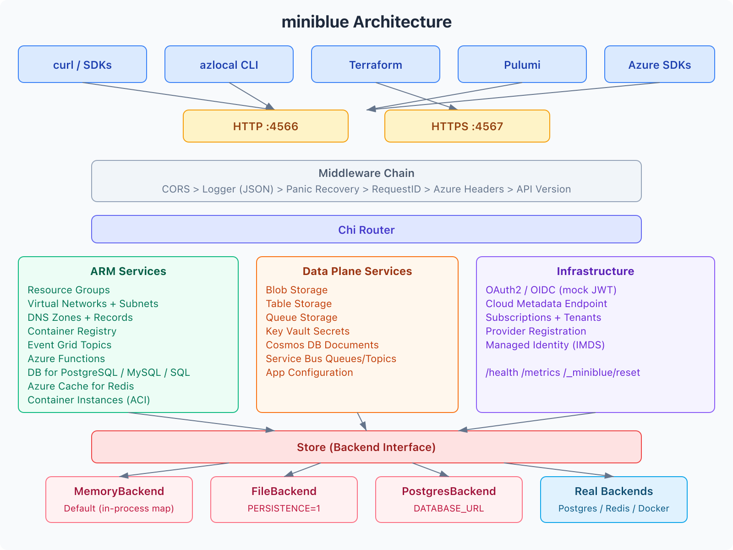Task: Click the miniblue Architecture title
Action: pos(366,22)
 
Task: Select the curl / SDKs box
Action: pos(82,65)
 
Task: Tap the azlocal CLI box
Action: pos(229,65)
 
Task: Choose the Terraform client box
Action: pos(376,65)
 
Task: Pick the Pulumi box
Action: pos(522,65)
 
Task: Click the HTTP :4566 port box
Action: pos(266,126)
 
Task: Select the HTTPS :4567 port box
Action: pos(467,126)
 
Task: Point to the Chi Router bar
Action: pos(366,230)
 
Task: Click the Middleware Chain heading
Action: pos(366,173)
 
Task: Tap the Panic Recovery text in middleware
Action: pos(323,189)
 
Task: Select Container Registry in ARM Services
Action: pos(72,331)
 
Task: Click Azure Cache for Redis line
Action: pos(81,386)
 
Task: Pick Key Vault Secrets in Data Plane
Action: pos(307,331)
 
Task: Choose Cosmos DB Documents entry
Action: pos(322,345)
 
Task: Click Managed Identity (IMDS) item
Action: pos(545,345)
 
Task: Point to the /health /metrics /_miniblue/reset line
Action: pos(563,373)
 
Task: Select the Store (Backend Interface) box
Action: pos(366,447)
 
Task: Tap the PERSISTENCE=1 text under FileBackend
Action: pos(284,509)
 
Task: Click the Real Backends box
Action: pos(614,500)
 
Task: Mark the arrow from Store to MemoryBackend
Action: pos(174,470)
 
